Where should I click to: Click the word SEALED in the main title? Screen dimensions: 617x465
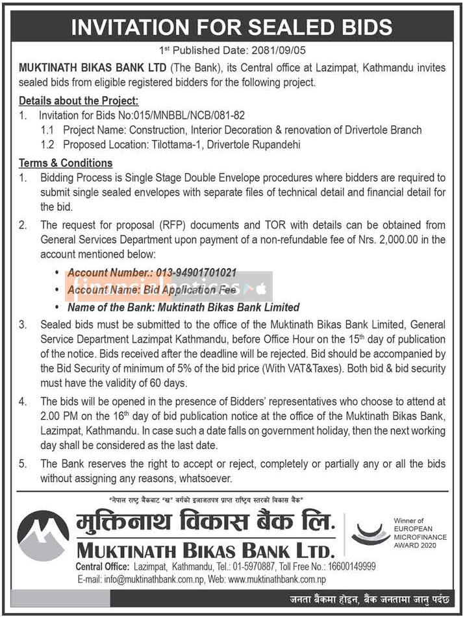[271, 27]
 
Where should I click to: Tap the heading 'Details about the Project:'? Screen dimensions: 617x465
[79, 101]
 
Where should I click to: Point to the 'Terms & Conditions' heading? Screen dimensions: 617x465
[66, 163]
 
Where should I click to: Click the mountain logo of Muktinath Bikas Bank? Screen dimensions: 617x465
[43, 536]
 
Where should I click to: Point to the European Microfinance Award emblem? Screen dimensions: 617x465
[370, 534]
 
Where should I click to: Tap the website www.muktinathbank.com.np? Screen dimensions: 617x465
[276, 579]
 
